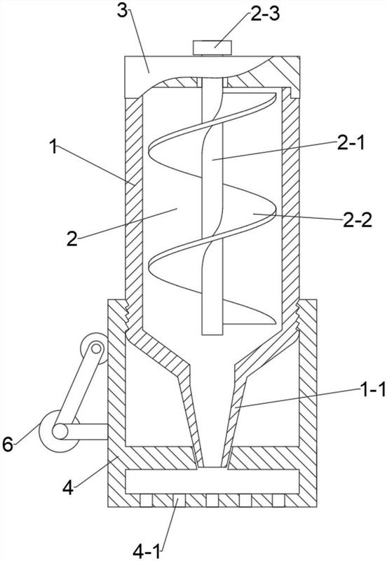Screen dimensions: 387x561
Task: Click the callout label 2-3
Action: pyautogui.click(x=265, y=15)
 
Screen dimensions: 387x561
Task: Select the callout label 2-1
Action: pyautogui.click(x=350, y=144)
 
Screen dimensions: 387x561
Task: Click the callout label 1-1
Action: pyautogui.click(x=372, y=390)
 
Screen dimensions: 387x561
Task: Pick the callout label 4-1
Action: pyautogui.click(x=147, y=552)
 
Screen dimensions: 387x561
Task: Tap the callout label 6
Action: pyautogui.click(x=8, y=445)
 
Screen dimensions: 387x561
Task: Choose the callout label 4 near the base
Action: pyautogui.click(x=68, y=487)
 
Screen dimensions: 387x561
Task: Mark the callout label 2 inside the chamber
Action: pyautogui.click(x=72, y=239)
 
